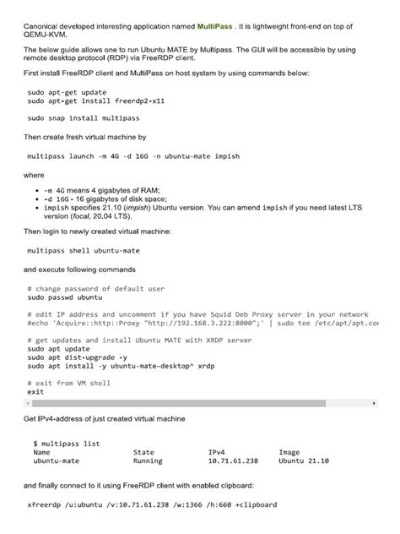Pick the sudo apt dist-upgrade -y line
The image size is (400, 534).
[x=78, y=357]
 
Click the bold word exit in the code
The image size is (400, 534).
[x=35, y=392]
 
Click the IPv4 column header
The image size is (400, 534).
[x=217, y=452]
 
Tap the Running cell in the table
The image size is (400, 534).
[x=148, y=461]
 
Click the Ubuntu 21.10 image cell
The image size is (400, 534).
[x=304, y=461]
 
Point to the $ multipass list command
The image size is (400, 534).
[x=67, y=443]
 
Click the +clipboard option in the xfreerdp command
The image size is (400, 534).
[x=255, y=505]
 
